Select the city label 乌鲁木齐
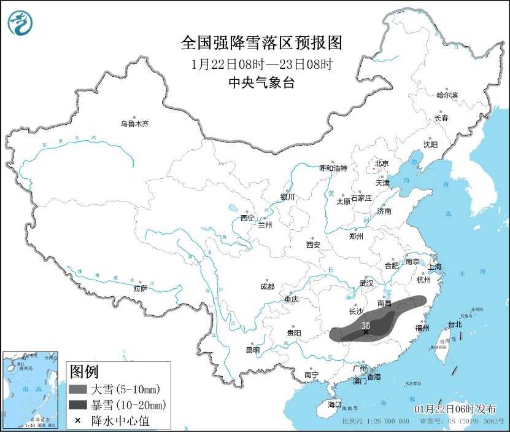[134, 124]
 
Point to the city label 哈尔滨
[447, 95]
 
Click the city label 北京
[382, 163]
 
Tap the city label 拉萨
[141, 288]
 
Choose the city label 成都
[267, 286]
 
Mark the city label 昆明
[252, 350]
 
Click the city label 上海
[435, 267]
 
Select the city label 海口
[334, 404]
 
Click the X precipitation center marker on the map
[366, 332]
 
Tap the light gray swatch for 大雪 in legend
[78, 389]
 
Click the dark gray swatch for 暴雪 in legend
[78, 405]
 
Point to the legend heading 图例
[84, 371]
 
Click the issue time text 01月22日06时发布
[455, 409]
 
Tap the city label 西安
[313, 245]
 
